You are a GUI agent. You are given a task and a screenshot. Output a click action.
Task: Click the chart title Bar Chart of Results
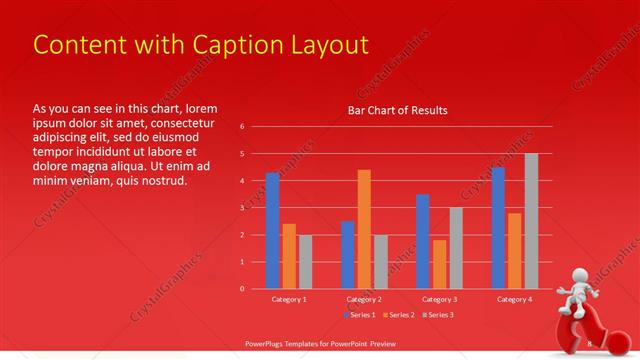(x=397, y=110)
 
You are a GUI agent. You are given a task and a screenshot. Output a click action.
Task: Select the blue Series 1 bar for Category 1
(x=272, y=230)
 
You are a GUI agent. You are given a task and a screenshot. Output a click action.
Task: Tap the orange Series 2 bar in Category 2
(x=364, y=229)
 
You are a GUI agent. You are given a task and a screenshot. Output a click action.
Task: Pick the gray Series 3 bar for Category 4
(x=531, y=221)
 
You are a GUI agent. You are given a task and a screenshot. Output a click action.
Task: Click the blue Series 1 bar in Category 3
(x=423, y=241)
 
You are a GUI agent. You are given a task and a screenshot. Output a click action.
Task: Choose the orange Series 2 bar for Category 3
(x=439, y=264)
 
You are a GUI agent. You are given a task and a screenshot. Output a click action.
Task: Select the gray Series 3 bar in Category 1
(x=305, y=261)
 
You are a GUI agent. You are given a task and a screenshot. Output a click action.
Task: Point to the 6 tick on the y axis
(x=241, y=127)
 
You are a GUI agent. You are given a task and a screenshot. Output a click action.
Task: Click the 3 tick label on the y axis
(x=241, y=208)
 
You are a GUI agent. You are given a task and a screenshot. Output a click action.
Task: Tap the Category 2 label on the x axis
(x=364, y=299)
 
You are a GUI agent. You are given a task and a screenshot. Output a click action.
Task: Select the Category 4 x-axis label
(x=513, y=299)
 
